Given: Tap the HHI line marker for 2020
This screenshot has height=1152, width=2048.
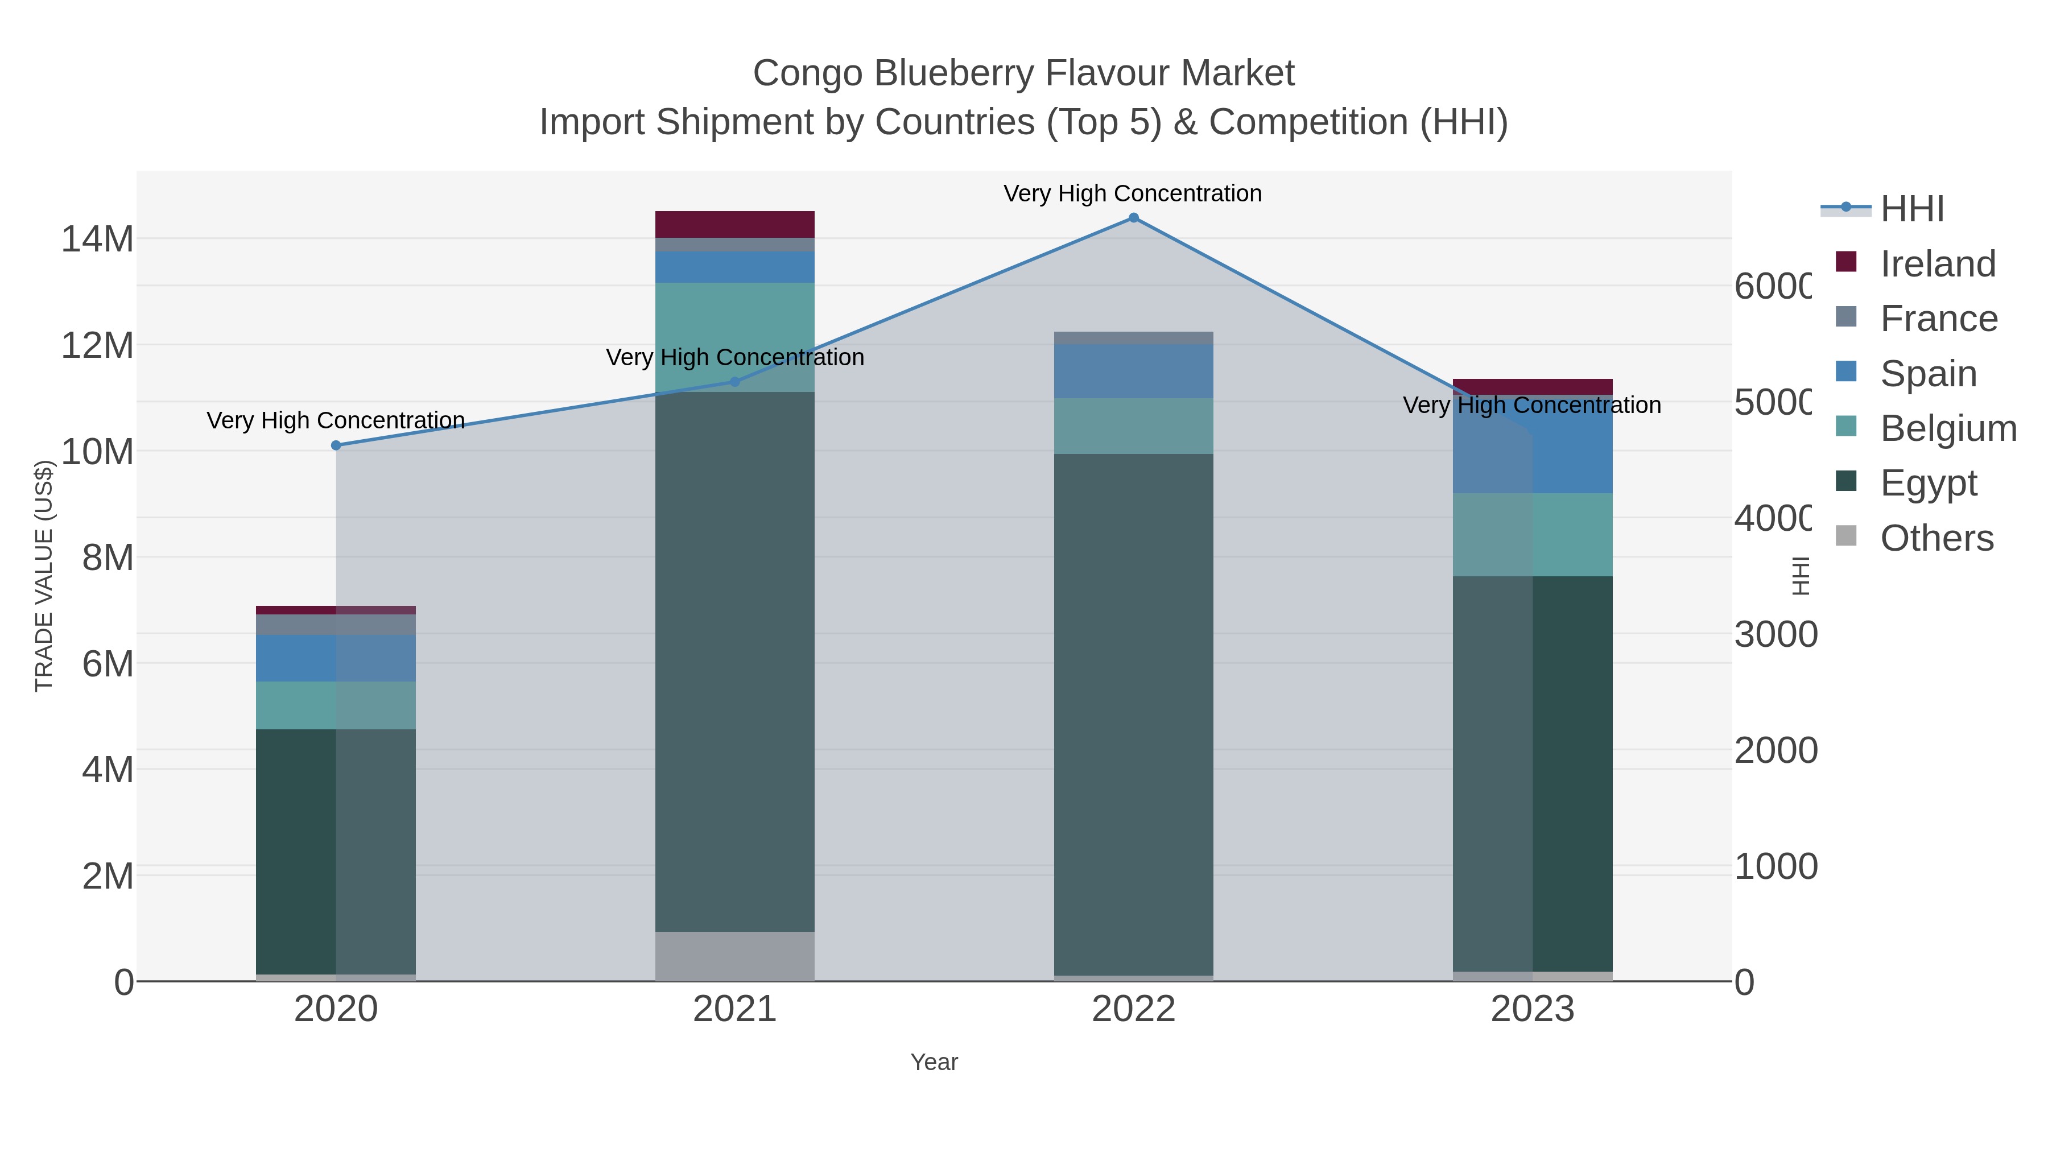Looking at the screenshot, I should tap(336, 445).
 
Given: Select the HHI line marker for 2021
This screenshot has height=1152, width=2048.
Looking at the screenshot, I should tap(734, 382).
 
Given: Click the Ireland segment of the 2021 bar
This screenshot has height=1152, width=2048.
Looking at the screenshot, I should tap(734, 224).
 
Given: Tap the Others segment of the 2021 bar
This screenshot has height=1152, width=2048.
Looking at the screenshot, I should tap(734, 956).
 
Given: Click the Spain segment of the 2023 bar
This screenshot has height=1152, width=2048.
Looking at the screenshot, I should tap(1532, 445).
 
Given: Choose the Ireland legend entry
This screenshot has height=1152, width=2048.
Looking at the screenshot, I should tap(1938, 264).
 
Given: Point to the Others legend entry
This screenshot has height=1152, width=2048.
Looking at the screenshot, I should tap(1936, 538).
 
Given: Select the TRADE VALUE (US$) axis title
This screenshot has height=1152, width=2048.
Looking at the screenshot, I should tap(44, 576).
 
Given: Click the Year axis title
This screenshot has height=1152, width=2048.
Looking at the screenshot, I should tap(934, 1062).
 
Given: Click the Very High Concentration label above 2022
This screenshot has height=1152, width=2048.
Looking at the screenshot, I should tap(1132, 193).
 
